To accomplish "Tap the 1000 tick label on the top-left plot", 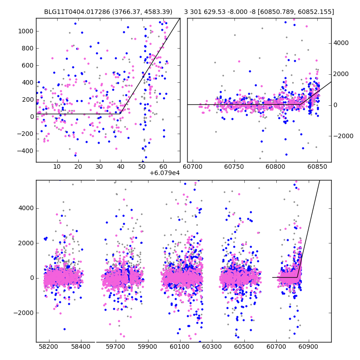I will pyautogui.click(x=25, y=31).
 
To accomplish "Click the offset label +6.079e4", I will pyautogui.click(x=165, y=173).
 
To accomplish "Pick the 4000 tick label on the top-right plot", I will pyautogui.click(x=341, y=43).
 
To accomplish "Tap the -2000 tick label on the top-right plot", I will pyautogui.click(x=342, y=136).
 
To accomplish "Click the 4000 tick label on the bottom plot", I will pyautogui.click(x=25, y=208).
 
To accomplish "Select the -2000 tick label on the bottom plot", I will pyautogui.click(x=23, y=313).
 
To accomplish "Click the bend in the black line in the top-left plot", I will pyautogui.click(x=121, y=113).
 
